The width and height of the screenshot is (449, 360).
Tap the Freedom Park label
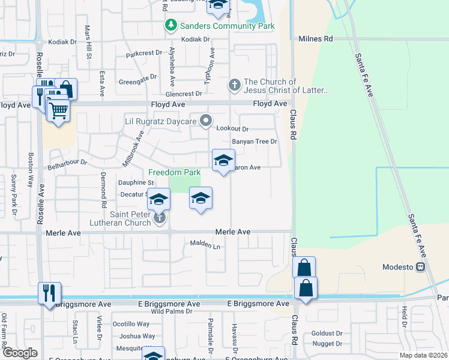174,172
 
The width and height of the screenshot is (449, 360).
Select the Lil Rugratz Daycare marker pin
206,122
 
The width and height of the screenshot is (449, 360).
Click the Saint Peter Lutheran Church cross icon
160,217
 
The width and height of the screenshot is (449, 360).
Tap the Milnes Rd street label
315,38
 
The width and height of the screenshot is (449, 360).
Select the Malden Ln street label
205,245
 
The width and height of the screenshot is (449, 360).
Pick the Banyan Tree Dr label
255,142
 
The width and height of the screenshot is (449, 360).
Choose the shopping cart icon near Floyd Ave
58,110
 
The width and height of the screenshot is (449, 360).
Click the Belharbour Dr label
68,162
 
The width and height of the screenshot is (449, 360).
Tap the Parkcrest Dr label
144,53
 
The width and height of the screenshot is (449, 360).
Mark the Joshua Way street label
137,336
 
